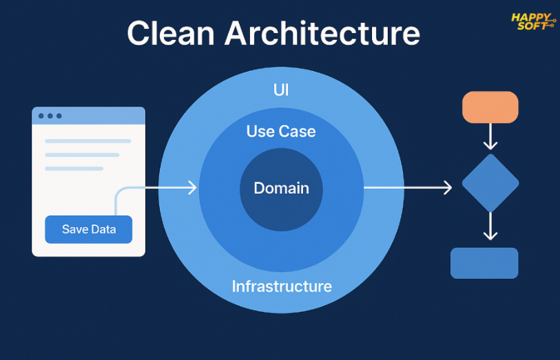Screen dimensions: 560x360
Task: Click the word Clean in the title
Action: (171, 33)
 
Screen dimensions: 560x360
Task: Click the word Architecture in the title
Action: (322, 33)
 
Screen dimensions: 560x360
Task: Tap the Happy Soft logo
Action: (533, 22)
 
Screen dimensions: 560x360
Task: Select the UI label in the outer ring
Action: (281, 90)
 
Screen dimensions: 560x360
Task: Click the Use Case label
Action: (281, 131)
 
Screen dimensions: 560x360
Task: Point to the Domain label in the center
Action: (282, 188)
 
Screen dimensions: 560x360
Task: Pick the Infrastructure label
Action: (282, 286)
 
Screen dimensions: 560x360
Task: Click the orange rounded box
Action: (490, 107)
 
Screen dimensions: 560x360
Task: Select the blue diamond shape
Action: (490, 183)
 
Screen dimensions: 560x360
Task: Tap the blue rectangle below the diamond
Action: (484, 263)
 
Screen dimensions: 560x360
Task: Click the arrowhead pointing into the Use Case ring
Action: (193, 188)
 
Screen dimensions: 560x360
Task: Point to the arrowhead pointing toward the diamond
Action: (448, 188)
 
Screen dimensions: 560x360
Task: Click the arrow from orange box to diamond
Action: (490, 136)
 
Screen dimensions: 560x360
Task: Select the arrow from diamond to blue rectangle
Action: (490, 226)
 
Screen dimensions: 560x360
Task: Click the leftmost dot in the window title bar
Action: (41, 116)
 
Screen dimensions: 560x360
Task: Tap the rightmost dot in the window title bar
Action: (59, 116)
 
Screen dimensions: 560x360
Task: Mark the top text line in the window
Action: (88, 141)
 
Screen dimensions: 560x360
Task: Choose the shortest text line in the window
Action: (74, 169)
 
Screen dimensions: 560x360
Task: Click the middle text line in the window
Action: (82, 155)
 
